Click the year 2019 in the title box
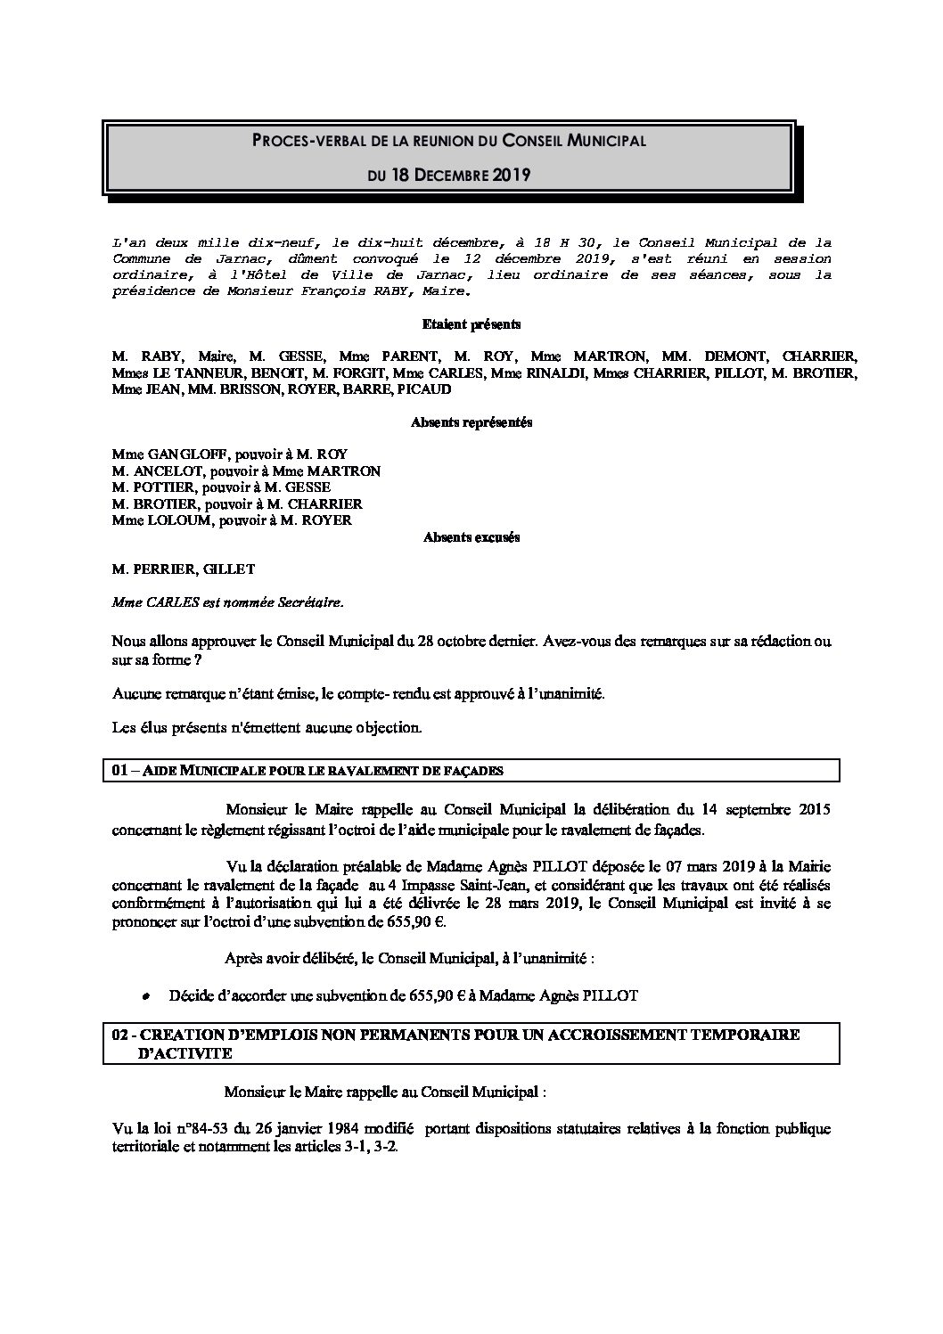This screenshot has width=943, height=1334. [512, 176]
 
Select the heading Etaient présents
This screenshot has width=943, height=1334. [471, 325]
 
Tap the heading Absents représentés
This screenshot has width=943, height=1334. [471, 423]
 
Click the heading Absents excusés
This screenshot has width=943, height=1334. [471, 537]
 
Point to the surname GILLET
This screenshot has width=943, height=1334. [226, 569]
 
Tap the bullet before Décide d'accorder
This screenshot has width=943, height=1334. [146, 997]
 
